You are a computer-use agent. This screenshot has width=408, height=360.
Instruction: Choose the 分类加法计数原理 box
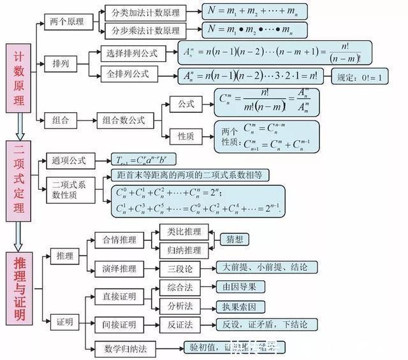pos(145,13)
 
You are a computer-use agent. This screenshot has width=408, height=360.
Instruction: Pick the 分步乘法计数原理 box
pos(145,31)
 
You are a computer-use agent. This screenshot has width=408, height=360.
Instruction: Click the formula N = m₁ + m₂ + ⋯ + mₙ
pos(254,12)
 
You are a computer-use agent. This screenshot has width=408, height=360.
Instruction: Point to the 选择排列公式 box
pos(133,54)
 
